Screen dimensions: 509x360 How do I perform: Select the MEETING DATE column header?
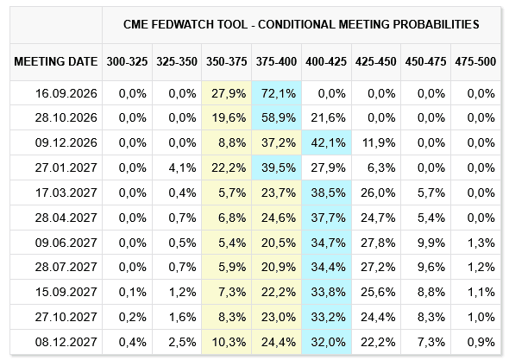click(x=56, y=62)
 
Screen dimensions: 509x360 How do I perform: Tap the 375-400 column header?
click(x=276, y=62)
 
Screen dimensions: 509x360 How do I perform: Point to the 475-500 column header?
click(x=475, y=62)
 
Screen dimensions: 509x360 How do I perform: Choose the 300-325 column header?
click(x=127, y=62)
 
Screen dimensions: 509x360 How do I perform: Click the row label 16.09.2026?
click(x=66, y=93)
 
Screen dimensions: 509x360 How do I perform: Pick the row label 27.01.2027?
click(x=66, y=167)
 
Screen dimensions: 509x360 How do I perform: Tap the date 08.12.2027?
click(x=66, y=342)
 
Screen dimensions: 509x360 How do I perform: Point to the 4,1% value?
click(x=182, y=167)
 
